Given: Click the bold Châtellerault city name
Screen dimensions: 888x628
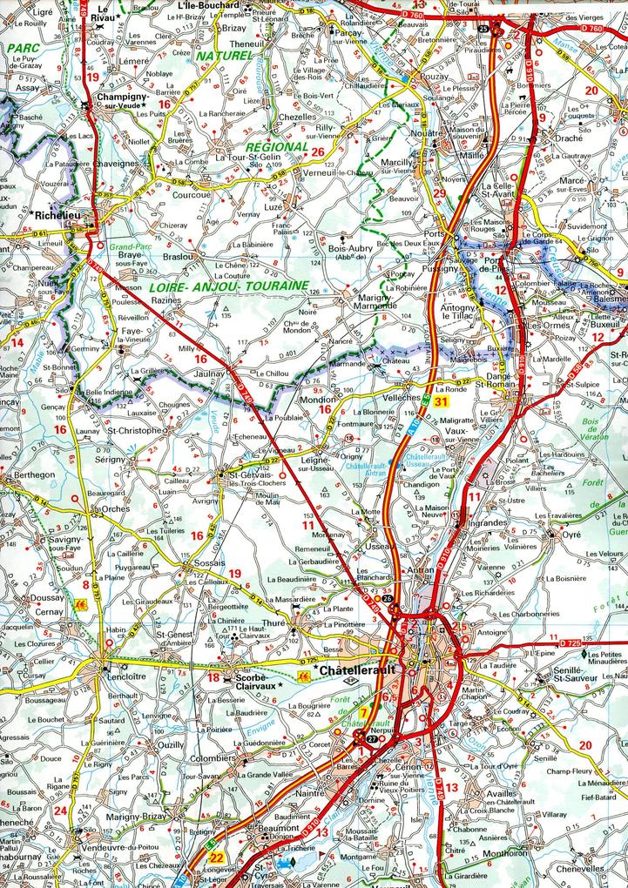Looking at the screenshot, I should click(x=357, y=672).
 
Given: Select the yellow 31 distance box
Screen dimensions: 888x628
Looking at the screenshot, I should click(x=442, y=401).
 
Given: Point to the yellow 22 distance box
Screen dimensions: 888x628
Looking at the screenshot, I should click(x=216, y=858).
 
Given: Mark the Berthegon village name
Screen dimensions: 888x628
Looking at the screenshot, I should click(x=30, y=475).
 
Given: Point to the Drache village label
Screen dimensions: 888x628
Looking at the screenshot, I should click(x=568, y=138).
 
